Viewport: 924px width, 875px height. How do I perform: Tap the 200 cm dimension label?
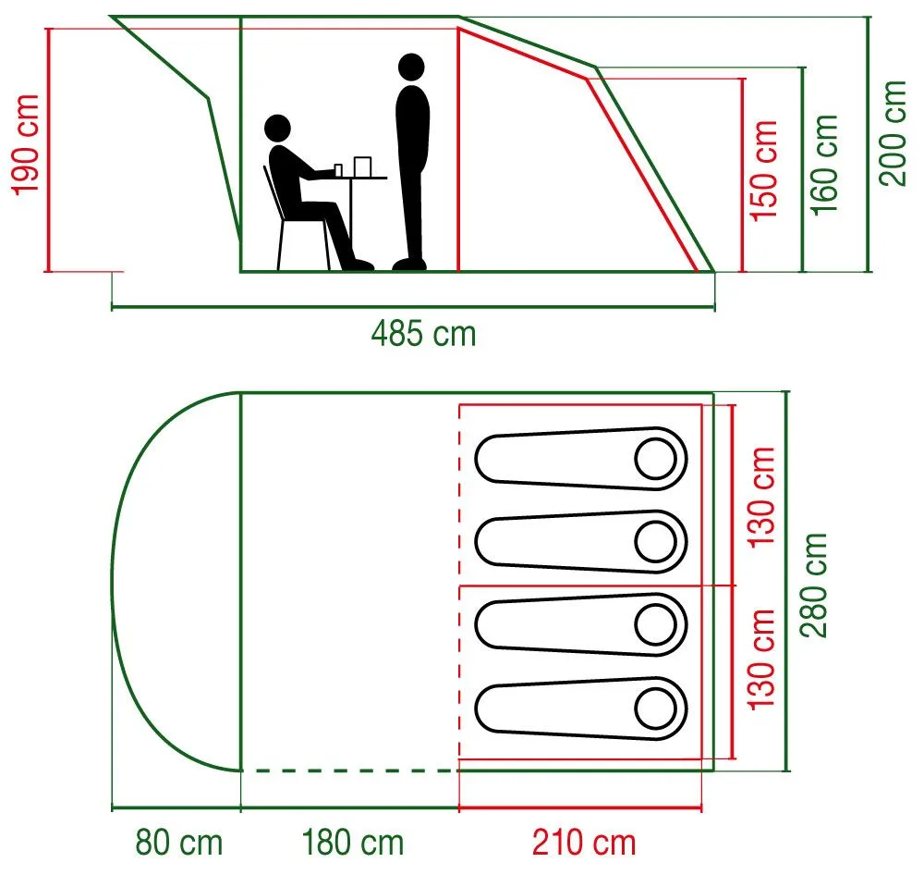(894, 133)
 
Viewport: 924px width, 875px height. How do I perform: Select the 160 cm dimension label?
(825, 166)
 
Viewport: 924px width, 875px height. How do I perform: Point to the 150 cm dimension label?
(764, 171)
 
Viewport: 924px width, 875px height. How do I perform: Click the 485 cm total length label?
(424, 334)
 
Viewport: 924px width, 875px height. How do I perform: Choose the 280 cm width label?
(814, 585)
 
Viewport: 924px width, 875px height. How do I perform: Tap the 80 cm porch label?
(179, 843)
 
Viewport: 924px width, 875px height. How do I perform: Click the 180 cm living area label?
(353, 843)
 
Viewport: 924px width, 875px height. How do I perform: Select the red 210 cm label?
(585, 843)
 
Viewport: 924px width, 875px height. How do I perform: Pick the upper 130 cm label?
(761, 498)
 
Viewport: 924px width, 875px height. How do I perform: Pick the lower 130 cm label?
(761, 659)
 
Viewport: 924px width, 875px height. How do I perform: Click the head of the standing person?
(411, 68)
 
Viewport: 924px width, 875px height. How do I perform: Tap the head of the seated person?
(277, 128)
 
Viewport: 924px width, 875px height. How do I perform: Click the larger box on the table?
(362, 166)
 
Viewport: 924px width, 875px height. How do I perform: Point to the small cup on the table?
(338, 170)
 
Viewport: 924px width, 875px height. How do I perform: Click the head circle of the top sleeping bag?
(655, 459)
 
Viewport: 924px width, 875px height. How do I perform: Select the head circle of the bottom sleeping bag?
(655, 709)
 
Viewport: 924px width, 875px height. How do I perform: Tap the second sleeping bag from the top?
(581, 542)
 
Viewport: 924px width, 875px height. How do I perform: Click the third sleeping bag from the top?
(581, 625)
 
